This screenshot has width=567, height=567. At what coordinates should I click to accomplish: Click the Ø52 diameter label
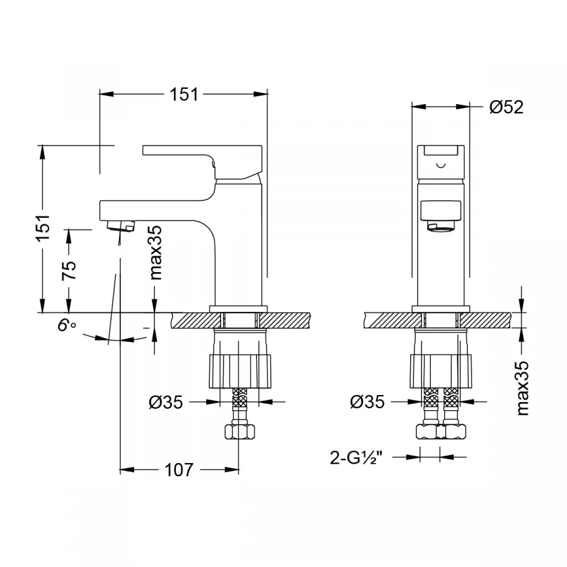pos(506,107)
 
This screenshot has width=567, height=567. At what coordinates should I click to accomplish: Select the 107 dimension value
pos(179,469)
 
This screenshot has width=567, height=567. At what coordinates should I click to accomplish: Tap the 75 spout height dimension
pos(69,270)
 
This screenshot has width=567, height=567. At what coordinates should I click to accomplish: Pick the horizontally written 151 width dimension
pos(183,94)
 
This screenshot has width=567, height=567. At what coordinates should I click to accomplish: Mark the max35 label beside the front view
pos(522,388)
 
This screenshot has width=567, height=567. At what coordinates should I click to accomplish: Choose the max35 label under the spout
pos(156,252)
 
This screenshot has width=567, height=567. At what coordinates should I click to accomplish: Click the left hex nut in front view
pos(428,432)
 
